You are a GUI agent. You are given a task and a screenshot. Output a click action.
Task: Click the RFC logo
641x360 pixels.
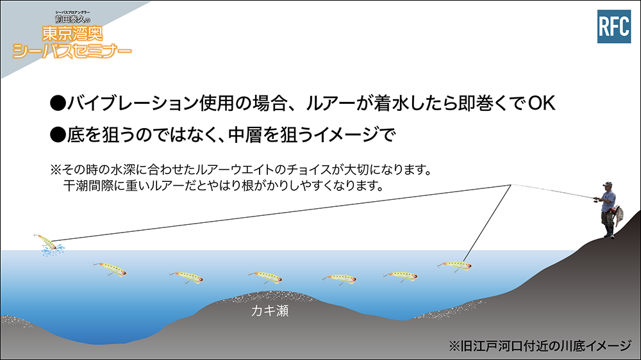613,27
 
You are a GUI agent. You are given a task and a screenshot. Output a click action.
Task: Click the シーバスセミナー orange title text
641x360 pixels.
72,51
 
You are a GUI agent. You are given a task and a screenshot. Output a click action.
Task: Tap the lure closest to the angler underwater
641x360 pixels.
454,264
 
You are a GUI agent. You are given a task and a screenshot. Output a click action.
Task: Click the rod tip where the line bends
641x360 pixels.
511,186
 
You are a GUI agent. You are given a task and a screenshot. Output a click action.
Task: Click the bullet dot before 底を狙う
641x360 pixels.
58,135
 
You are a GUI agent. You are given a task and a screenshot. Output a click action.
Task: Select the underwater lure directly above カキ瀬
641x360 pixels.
265,277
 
